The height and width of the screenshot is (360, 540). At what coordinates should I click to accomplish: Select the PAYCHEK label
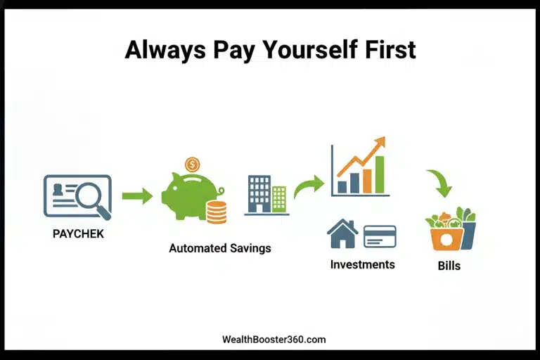[78, 233]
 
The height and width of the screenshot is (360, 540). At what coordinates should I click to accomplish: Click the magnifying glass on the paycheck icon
[92, 198]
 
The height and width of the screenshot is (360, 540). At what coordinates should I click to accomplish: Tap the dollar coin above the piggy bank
[192, 165]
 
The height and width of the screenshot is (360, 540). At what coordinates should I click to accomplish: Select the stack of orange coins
[217, 212]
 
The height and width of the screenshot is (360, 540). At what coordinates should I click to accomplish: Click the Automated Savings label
[220, 248]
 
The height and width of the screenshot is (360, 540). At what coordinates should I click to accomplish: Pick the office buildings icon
[266, 194]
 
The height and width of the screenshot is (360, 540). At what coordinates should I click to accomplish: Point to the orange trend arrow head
[380, 143]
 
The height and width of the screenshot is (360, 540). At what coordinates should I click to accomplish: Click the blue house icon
[343, 234]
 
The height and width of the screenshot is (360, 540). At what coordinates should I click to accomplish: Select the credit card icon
[380, 236]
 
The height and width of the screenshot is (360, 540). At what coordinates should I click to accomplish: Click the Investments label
[363, 264]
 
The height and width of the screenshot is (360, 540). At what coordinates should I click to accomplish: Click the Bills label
[449, 266]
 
